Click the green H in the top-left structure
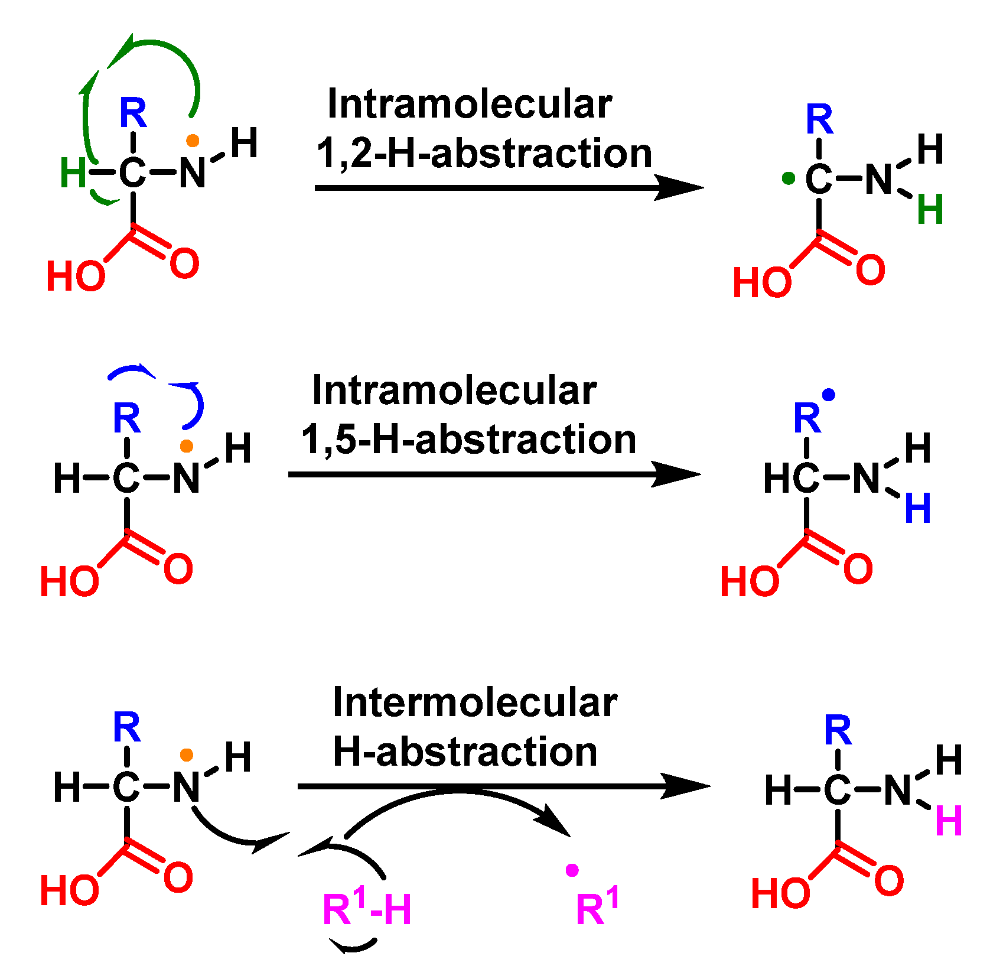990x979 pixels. tap(73, 173)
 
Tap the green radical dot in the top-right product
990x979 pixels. tap(788, 178)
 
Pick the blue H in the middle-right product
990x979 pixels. tap(918, 508)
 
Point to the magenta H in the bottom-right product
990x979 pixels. tap(949, 820)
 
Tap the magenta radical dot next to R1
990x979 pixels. tap(572, 870)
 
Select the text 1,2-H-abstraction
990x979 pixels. tap(484, 153)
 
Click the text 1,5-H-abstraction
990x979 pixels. tap(469, 440)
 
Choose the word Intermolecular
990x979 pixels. tap(475, 702)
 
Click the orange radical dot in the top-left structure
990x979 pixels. tap(193, 141)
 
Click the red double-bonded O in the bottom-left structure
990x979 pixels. tap(178, 877)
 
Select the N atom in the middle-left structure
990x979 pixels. tap(187, 478)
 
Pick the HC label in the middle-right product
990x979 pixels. tap(792, 478)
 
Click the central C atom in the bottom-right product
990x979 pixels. tap(838, 790)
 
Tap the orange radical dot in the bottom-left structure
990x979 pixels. tap(187, 754)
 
